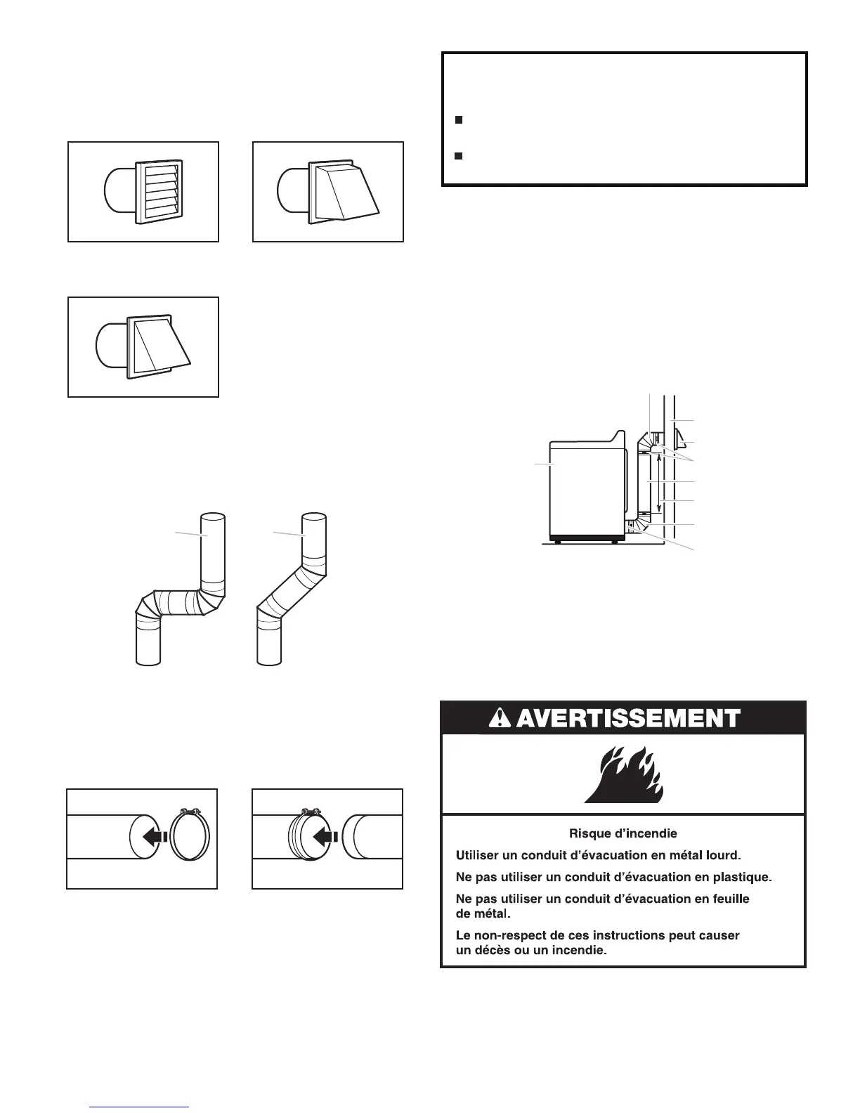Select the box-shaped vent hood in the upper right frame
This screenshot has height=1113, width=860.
click(343, 192)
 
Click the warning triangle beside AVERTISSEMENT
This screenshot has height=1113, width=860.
click(498, 718)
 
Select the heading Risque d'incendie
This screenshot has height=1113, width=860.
click(623, 834)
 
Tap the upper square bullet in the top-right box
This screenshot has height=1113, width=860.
click(457, 120)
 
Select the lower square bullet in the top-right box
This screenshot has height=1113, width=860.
click(457, 155)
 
